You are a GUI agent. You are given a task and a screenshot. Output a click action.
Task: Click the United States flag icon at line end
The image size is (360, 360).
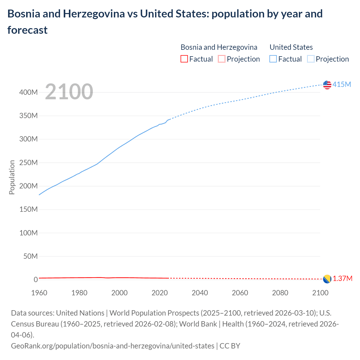coord(327,85)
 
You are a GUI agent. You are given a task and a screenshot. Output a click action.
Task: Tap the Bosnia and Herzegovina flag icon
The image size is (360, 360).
coord(327,279)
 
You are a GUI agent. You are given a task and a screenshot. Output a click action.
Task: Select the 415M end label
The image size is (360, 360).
coord(342,84)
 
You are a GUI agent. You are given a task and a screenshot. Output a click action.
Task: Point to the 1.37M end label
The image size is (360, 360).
coord(342,278)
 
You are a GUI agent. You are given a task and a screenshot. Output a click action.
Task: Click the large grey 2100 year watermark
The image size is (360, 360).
coord(69,91)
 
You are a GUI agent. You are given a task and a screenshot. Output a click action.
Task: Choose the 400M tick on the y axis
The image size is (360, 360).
coord(28,92)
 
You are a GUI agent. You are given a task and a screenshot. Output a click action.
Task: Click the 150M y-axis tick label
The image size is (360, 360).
coord(28,209)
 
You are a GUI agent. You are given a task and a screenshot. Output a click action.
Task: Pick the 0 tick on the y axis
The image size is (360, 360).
coord(36,280)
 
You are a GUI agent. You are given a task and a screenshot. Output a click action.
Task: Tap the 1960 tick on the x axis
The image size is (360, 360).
coord(39,293)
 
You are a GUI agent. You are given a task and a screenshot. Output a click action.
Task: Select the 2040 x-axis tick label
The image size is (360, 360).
coord(200,293)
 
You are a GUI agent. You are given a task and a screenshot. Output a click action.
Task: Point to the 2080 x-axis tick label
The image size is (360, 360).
coord(280,293)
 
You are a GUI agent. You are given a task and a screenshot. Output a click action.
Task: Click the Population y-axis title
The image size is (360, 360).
coord(12,177)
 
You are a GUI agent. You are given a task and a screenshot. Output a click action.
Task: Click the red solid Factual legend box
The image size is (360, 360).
coord(184,59)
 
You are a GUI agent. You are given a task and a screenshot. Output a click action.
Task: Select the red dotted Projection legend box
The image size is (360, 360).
coord(222,59)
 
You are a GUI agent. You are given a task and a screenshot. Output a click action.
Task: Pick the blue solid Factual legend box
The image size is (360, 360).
coord(273,59)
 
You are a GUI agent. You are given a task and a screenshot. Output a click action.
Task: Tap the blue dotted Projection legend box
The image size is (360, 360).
coord(310,59)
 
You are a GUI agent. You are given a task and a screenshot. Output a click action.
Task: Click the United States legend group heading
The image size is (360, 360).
coord(291,47)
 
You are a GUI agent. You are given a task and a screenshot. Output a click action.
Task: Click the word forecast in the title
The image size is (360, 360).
coord(28,30)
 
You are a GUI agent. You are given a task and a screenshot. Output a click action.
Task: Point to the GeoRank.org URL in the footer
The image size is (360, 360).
coord(112,346)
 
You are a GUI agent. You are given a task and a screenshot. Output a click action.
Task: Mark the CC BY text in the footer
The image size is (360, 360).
coord(230,346)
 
